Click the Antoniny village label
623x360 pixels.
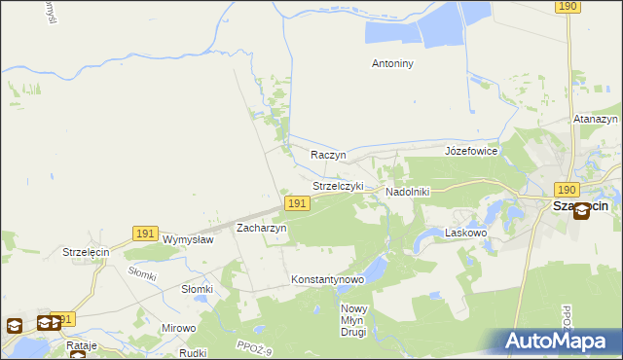[x=393, y=64]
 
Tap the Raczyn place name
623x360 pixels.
[x=328, y=155]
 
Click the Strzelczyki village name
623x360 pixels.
[x=338, y=186]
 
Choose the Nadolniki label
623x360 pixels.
[x=408, y=192]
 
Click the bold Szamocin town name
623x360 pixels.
[x=580, y=205]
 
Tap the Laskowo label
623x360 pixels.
[x=464, y=234]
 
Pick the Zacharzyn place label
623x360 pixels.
[x=261, y=228]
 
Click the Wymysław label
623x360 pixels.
[x=188, y=239]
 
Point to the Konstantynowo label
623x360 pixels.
[x=327, y=279]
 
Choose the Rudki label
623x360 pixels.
[x=195, y=353]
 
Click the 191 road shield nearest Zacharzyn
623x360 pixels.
[x=297, y=203]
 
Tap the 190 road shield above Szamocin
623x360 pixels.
[x=568, y=190]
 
